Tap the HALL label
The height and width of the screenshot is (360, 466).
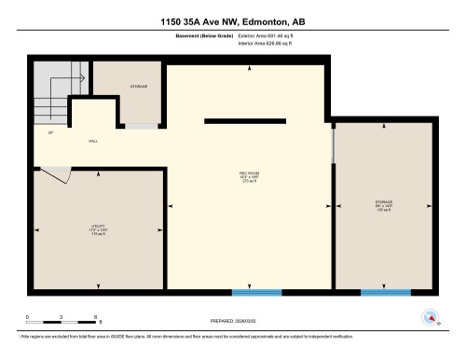point(93,143)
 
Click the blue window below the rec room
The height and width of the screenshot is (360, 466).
point(256,293)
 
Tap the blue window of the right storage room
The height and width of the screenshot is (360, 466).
point(386,293)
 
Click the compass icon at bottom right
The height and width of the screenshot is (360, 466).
point(431,315)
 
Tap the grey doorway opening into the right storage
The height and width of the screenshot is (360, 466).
point(334,145)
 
